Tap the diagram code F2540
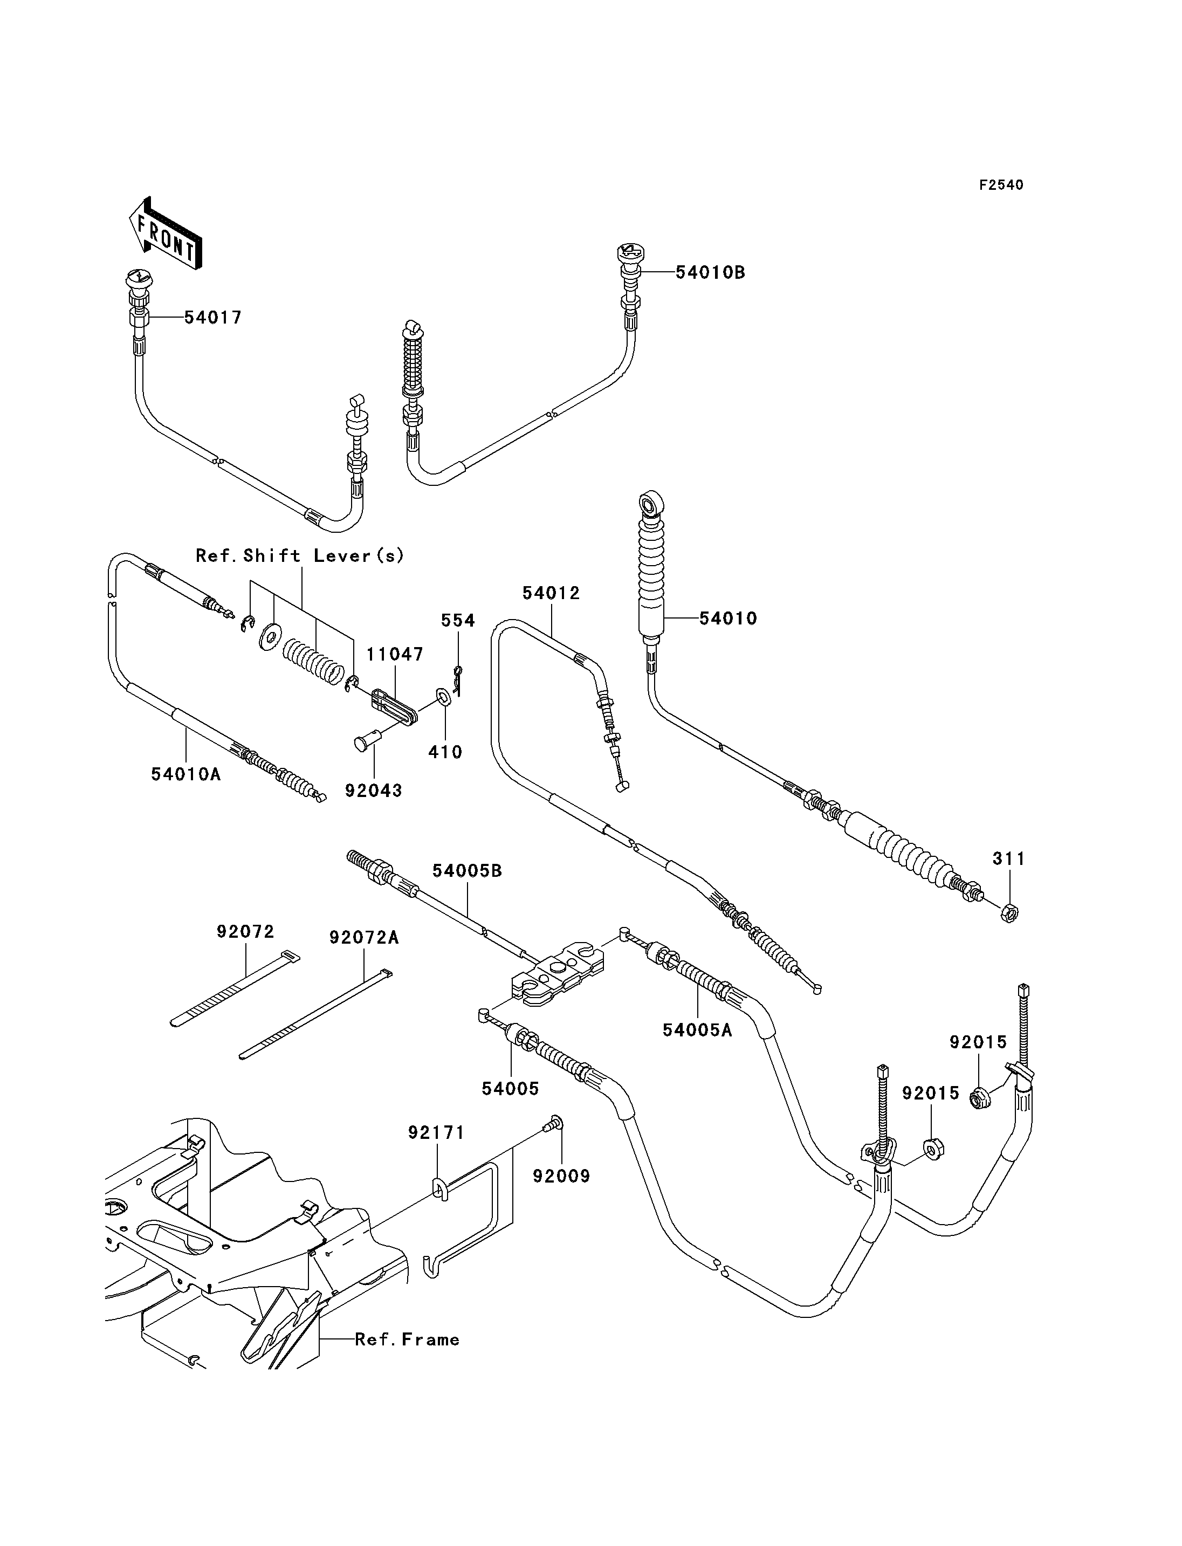(1001, 185)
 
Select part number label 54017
(213, 318)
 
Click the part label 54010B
(710, 272)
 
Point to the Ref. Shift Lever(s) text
(300, 556)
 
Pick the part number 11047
(395, 655)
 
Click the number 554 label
(458, 621)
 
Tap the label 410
(445, 752)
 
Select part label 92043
(374, 791)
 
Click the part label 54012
(551, 593)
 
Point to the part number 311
(1009, 858)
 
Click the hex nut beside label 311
(1009, 913)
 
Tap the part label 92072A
(364, 938)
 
